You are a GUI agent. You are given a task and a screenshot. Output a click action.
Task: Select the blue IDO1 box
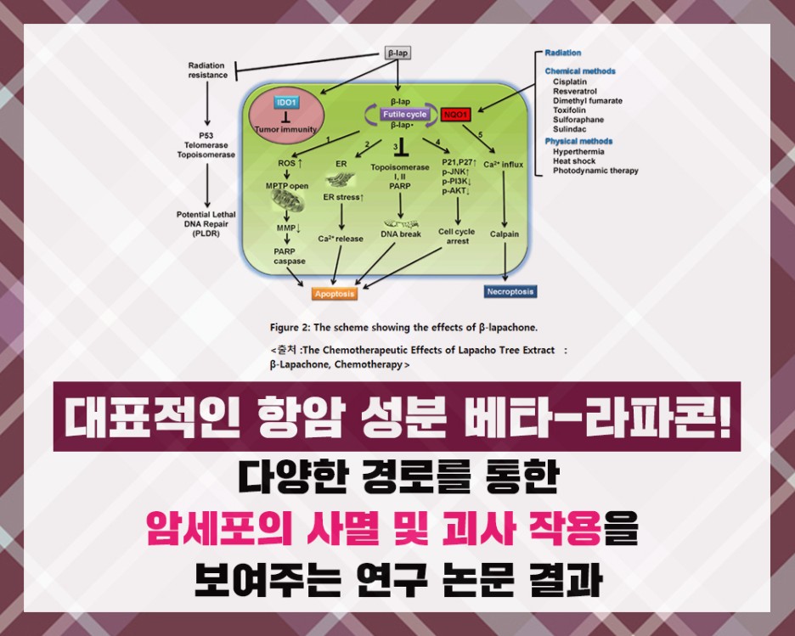286,103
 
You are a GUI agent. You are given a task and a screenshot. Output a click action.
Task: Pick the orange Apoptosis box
335,294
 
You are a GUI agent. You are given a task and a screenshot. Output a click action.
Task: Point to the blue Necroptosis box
510,291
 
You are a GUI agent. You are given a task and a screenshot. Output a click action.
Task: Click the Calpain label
505,234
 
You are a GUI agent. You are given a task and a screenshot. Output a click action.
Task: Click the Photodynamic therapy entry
595,171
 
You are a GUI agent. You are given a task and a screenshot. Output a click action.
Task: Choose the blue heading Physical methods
578,141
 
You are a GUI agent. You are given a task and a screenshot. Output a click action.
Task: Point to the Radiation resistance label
207,70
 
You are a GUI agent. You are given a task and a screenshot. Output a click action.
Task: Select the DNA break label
400,234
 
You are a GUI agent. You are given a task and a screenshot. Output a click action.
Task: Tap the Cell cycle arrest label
457,235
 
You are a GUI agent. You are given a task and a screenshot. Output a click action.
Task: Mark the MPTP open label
287,185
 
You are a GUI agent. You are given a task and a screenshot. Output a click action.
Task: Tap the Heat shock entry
574,160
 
